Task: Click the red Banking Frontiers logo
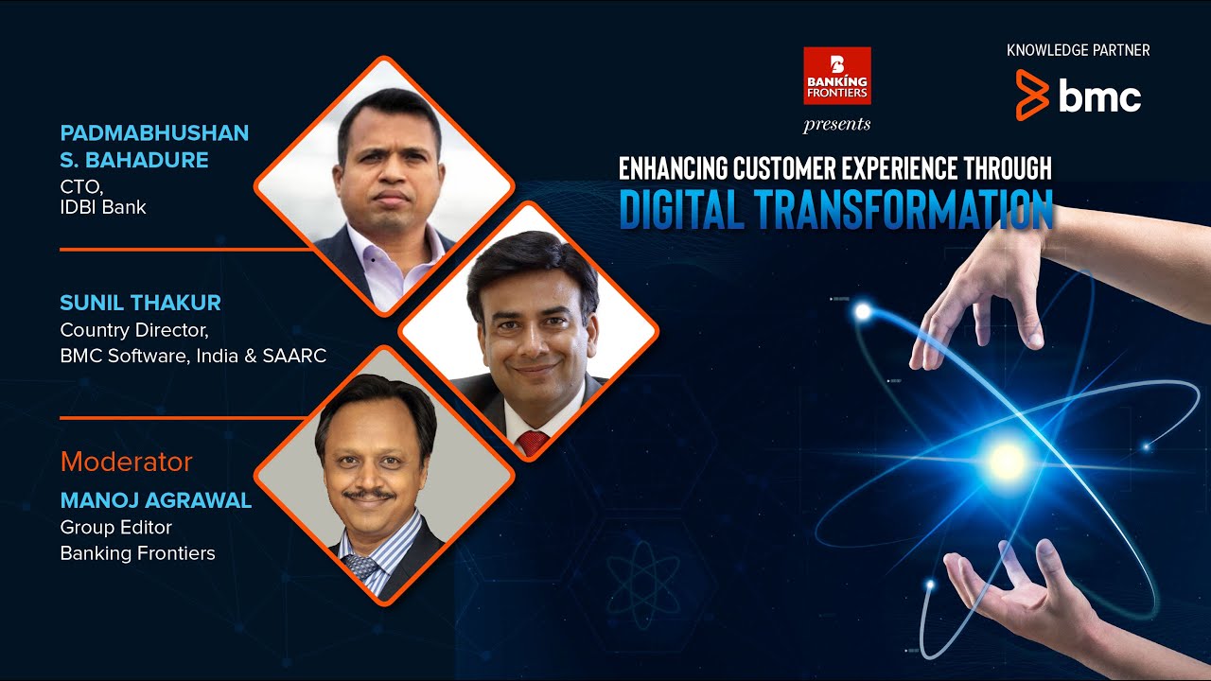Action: point(836,76)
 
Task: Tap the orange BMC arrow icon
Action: point(1031,95)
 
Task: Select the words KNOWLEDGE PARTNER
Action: point(1079,50)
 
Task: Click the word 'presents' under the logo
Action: point(836,124)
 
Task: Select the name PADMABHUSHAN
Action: point(154,132)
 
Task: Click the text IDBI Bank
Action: point(103,207)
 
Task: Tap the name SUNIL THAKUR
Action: point(140,303)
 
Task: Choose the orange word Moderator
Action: point(126,462)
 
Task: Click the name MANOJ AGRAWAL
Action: point(156,500)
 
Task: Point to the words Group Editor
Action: point(115,527)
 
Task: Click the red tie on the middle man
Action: point(533,442)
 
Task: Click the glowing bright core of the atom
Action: point(1006,462)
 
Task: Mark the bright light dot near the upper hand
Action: point(862,310)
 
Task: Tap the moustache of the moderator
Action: point(369,494)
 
